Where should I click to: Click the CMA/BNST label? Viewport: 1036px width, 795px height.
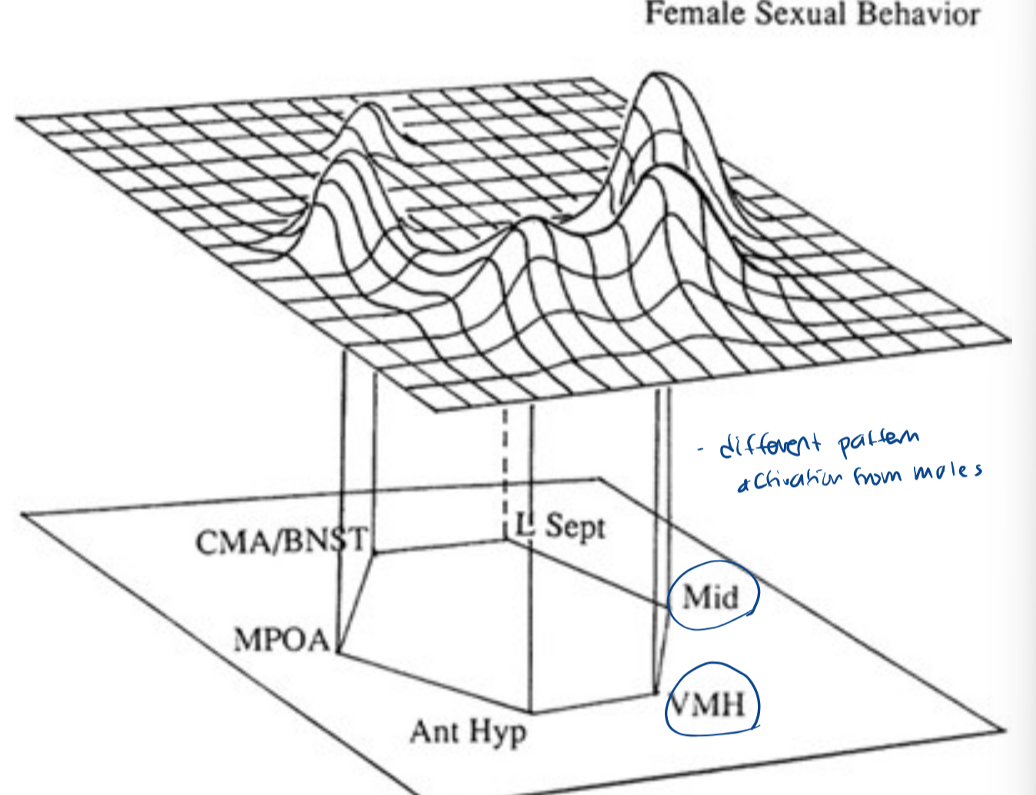click(x=281, y=541)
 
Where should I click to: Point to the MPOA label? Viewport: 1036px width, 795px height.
click(x=281, y=639)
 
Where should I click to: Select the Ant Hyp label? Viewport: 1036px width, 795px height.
click(x=468, y=731)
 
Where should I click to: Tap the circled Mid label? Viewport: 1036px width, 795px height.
click(x=711, y=596)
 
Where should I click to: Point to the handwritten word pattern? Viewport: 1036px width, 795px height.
click(x=878, y=441)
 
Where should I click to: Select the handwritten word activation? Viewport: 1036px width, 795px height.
click(x=792, y=481)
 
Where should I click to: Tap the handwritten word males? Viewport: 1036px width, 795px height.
click(x=947, y=471)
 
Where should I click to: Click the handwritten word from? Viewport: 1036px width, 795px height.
click(x=876, y=476)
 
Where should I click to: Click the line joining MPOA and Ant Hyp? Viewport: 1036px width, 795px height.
click(x=434, y=683)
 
